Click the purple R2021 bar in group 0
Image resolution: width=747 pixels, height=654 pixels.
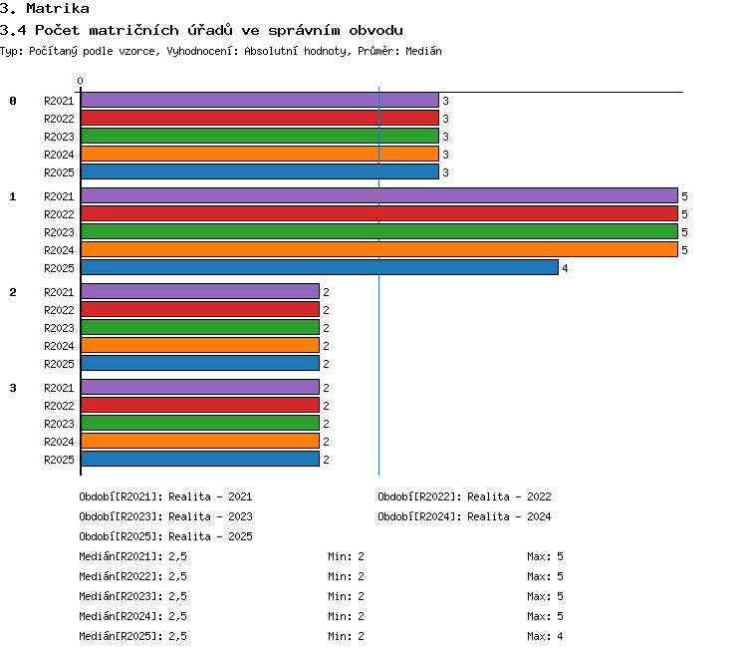(x=260, y=100)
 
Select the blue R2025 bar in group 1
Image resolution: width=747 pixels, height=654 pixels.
(x=320, y=267)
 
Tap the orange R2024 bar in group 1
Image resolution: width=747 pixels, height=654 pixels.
(x=379, y=249)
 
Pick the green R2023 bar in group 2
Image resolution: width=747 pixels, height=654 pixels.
(x=200, y=327)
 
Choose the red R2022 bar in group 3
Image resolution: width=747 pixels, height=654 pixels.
(x=200, y=405)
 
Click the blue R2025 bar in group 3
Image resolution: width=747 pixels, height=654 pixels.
(x=200, y=459)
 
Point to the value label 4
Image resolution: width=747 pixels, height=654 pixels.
(x=565, y=268)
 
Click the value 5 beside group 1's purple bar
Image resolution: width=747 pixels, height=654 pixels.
(x=684, y=196)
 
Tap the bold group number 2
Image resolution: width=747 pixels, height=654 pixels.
(x=13, y=292)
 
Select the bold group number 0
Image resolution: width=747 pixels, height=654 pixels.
(x=13, y=101)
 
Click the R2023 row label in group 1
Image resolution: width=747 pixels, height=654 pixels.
(x=59, y=232)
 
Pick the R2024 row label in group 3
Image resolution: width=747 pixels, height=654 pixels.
(x=59, y=442)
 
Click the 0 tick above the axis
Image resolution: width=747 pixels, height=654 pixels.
(x=80, y=81)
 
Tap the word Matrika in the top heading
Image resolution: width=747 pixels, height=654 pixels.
(x=58, y=9)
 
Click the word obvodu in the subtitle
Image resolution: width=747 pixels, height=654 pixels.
(x=375, y=31)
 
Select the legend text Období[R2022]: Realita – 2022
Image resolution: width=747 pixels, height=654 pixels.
(x=464, y=496)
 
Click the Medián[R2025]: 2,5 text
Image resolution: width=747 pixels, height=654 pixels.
(x=132, y=636)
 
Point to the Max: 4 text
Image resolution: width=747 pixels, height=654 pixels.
(x=545, y=636)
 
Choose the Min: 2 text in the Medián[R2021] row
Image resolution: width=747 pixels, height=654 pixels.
(x=346, y=556)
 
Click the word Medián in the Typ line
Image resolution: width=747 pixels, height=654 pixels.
(x=423, y=51)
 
